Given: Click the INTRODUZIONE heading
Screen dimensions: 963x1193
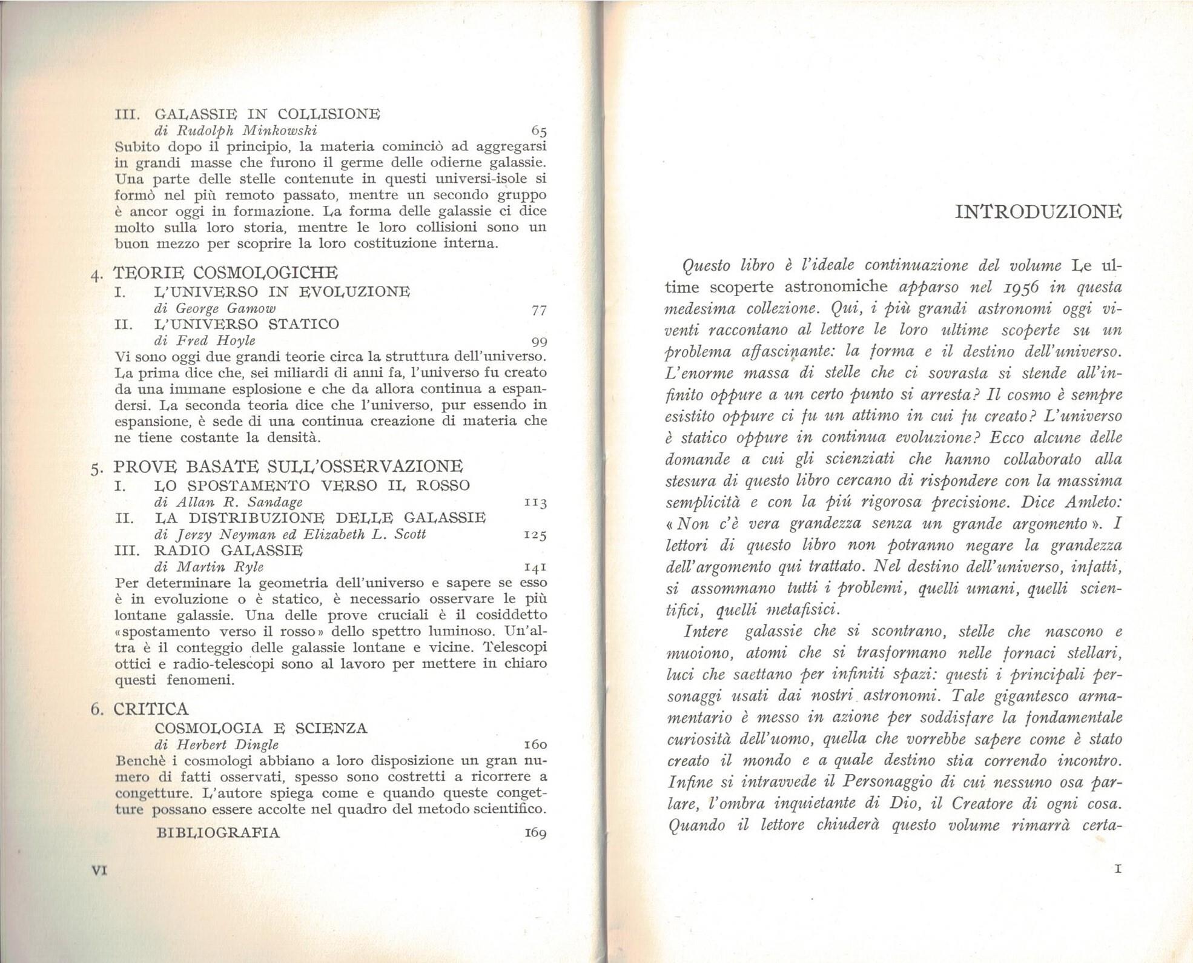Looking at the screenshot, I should (x=1038, y=212).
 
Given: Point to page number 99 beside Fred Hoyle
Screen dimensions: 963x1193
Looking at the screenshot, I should (x=538, y=341).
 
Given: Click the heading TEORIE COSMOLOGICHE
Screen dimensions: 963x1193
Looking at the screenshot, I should (x=225, y=273).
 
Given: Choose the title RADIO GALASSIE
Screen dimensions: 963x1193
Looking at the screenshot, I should (x=229, y=551).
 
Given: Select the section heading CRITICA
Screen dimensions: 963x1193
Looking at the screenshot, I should (x=151, y=709).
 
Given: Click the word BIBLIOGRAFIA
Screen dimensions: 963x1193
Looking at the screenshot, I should (x=218, y=833).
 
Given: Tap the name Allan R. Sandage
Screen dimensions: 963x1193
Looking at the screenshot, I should (x=239, y=502).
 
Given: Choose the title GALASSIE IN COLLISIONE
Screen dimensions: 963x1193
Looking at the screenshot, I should (x=268, y=114).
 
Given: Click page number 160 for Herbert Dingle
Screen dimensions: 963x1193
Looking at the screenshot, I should (x=535, y=744).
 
